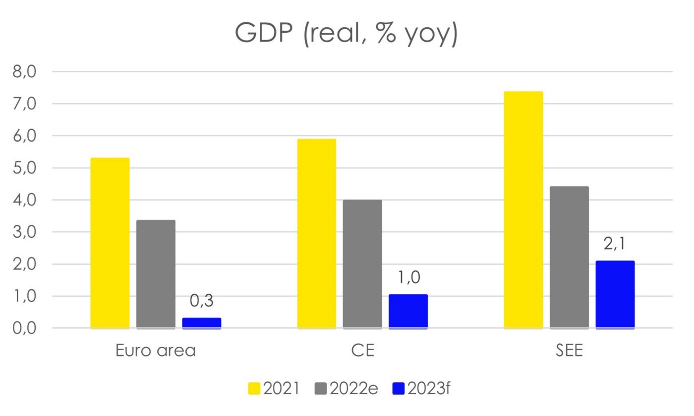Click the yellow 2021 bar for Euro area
(110, 243)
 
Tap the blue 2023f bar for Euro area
(201, 323)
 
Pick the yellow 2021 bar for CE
(316, 233)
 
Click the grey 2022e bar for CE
(362, 264)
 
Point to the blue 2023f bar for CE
(408, 312)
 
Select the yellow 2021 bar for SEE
(523, 209)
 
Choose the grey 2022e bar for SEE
(569, 257)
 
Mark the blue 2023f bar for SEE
(615, 294)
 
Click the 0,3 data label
(201, 301)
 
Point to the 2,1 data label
(615, 244)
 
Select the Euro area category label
(156, 350)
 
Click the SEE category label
(569, 350)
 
